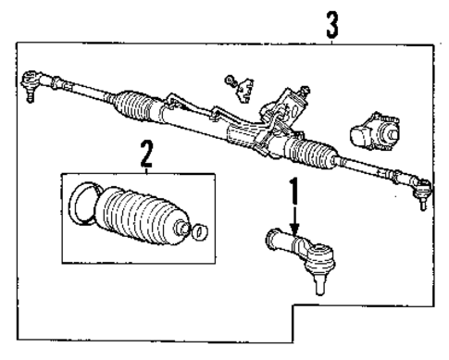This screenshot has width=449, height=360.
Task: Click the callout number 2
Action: point(145,153)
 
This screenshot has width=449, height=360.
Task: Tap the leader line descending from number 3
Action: point(331,38)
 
